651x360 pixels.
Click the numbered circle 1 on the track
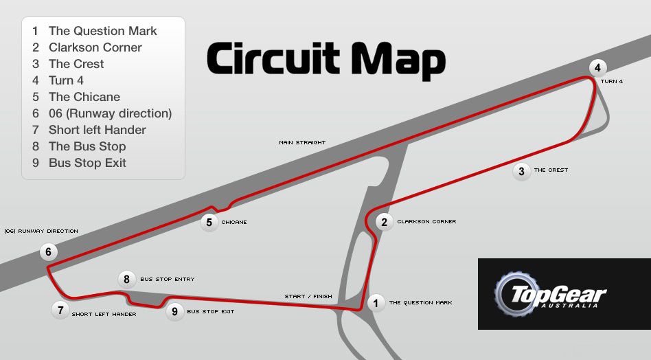click(x=376, y=303)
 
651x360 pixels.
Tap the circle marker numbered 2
click(x=384, y=222)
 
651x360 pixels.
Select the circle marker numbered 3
click(x=521, y=171)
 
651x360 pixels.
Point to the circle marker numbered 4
click(x=597, y=68)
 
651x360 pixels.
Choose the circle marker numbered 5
click(x=209, y=223)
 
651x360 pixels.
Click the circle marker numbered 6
click(x=49, y=251)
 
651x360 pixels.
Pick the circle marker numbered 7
click(x=60, y=310)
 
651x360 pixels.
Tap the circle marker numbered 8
click(x=126, y=279)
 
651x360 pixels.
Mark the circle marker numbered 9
click(x=175, y=311)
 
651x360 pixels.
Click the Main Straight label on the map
click(x=302, y=142)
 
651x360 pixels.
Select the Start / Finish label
click(x=308, y=297)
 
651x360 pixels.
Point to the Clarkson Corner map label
click(x=427, y=222)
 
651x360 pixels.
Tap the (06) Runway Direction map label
click(x=41, y=232)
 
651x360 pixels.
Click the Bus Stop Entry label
click(x=168, y=280)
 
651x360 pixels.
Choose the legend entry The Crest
click(x=76, y=64)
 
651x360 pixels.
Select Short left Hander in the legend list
click(x=98, y=130)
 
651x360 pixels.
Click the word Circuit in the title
click(x=273, y=58)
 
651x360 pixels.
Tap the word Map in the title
click(x=398, y=60)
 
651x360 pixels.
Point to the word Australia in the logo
click(x=570, y=306)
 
